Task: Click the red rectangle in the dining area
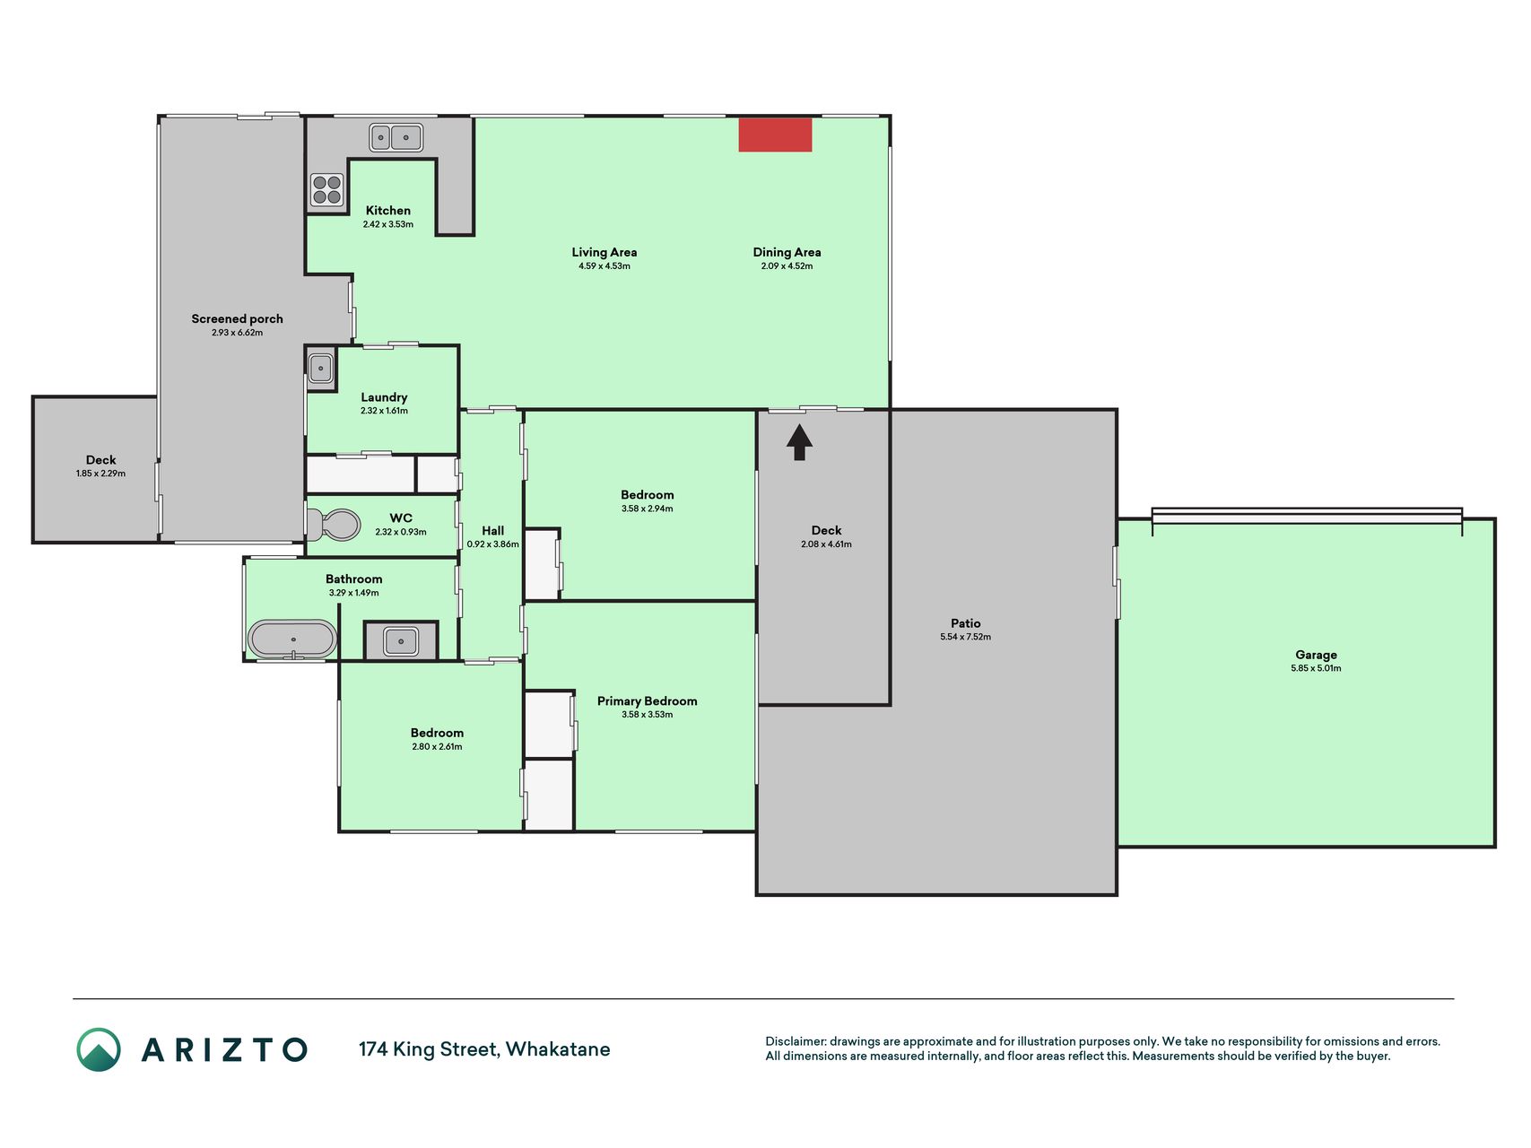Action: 775,135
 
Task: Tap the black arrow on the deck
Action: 799,442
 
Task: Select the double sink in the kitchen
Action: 396,137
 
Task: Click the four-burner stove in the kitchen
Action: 326,190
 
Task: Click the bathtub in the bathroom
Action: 292,639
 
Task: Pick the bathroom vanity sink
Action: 401,641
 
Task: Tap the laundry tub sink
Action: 320,368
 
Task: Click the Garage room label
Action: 1316,655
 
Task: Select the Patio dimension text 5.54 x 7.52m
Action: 965,637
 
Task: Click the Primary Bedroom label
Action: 647,701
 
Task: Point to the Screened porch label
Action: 237,318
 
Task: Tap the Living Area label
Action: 605,252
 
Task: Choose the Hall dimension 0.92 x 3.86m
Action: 492,544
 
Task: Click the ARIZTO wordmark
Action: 224,1049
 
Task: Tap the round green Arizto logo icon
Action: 99,1049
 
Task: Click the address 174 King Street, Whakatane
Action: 484,1049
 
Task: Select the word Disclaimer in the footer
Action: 796,1041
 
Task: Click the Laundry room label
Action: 384,397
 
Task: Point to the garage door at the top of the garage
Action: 1307,517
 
